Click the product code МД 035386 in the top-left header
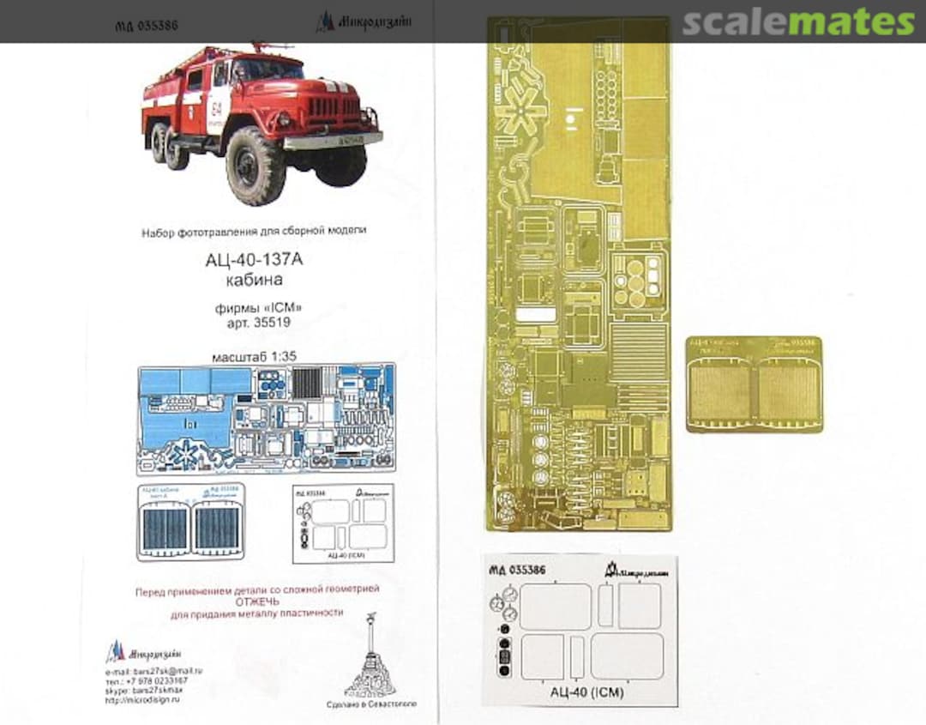147,26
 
